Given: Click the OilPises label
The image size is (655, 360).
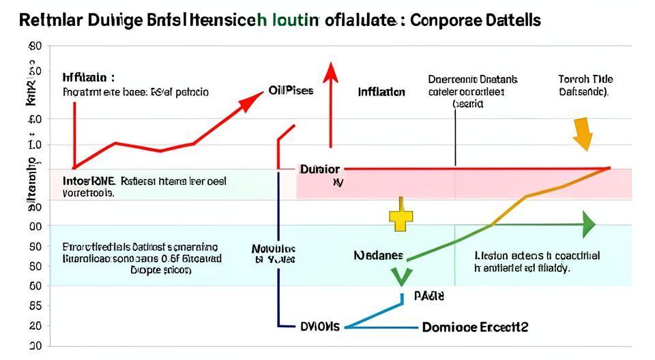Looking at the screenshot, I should click(291, 90).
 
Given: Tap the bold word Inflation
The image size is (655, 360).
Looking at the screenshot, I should click(381, 92).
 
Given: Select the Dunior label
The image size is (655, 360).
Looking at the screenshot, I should click(319, 168).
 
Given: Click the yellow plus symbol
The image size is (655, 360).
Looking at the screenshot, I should click(401, 217).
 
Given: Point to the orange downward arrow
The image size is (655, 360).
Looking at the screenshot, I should click(582, 133).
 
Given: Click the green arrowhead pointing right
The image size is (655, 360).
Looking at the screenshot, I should click(588, 224).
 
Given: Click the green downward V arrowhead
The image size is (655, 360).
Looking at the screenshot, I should click(401, 276).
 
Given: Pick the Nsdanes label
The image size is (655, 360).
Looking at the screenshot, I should click(379, 256).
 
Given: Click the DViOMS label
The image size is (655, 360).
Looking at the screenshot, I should click(319, 327).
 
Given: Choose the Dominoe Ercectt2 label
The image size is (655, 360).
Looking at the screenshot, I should click(475, 327).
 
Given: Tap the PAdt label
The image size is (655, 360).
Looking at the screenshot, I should click(428, 297).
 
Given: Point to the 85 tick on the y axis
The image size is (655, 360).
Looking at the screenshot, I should click(35, 306).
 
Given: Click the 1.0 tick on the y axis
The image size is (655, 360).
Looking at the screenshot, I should click(35, 145).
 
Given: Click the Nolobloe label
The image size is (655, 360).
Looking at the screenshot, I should click(274, 249).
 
